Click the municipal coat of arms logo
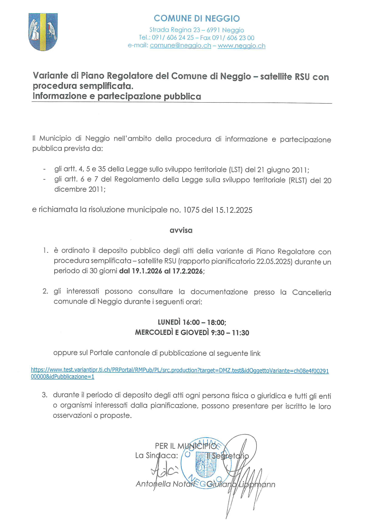coord(43,32)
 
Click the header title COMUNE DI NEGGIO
coord(197,19)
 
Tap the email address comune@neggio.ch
coord(180,46)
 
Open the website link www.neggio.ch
coord(241,46)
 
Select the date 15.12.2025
coord(234,210)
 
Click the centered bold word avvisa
coord(181,230)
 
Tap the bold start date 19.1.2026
coord(146,271)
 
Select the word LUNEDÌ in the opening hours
coord(169,322)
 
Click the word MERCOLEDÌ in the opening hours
coord(154,333)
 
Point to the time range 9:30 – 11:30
coord(230,333)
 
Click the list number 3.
coord(45,395)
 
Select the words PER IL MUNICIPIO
coord(186,446)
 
